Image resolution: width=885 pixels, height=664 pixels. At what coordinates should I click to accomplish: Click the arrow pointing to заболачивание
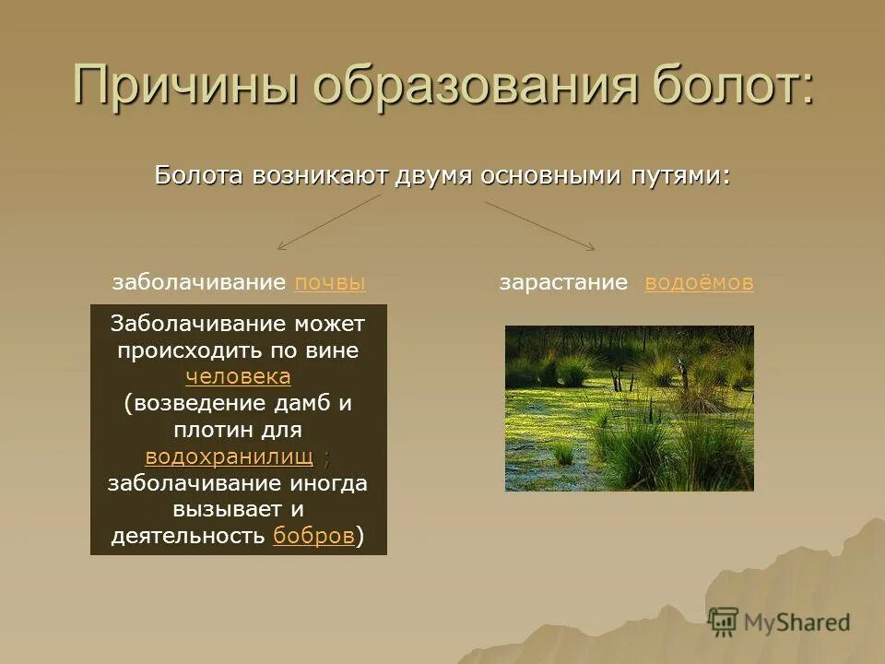(329, 222)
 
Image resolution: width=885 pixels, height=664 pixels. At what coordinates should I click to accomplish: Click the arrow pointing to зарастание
(540, 226)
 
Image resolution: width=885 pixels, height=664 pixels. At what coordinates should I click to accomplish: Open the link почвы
(330, 282)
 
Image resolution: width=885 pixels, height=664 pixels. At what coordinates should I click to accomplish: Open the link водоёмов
(699, 282)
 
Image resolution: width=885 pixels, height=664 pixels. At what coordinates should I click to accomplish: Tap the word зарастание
(563, 282)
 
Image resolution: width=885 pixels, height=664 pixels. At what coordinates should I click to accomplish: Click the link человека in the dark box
(238, 376)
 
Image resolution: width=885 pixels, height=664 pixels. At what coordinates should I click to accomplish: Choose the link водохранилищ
(230, 456)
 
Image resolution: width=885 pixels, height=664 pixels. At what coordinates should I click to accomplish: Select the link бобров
(313, 535)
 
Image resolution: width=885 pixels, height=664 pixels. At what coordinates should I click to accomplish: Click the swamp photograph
(630, 409)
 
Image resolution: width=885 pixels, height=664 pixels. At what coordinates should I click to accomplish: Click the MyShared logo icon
(723, 622)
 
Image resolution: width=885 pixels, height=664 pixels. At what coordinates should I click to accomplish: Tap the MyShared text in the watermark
(796, 622)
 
